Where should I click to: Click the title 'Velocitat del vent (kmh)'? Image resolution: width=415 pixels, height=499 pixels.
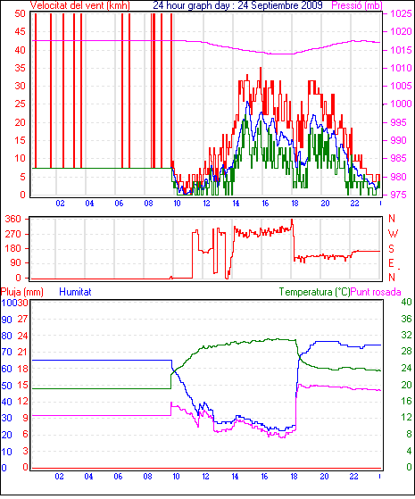(x=80, y=5)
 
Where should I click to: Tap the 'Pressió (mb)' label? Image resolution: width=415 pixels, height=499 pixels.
(x=357, y=5)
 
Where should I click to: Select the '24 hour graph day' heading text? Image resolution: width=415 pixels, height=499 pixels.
(x=191, y=5)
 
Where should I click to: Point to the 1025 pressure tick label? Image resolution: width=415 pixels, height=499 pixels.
(x=402, y=13)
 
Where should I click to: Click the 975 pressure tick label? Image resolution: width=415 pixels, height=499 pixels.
(x=399, y=195)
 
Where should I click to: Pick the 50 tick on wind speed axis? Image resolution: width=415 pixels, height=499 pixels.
(x=20, y=13)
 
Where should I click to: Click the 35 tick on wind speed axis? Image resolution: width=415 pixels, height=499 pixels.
(x=20, y=68)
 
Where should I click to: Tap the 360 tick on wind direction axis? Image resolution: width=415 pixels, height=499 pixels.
(x=13, y=219)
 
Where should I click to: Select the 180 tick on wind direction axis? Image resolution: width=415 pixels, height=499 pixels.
(x=13, y=248)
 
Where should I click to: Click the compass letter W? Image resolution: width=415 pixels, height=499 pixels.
(x=393, y=234)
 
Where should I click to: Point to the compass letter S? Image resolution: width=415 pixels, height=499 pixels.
(x=391, y=248)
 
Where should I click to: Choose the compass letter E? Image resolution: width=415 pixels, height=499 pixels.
(x=391, y=263)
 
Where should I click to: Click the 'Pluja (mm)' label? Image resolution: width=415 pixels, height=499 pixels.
(x=22, y=292)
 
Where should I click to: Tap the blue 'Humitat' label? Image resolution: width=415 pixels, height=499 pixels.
(x=76, y=292)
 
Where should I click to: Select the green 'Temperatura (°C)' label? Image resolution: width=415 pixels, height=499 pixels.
(x=314, y=292)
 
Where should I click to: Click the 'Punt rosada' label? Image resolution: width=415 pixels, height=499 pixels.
(x=376, y=292)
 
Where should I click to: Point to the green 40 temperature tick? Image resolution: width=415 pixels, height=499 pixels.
(x=406, y=302)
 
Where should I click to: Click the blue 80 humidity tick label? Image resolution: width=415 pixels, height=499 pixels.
(x=6, y=336)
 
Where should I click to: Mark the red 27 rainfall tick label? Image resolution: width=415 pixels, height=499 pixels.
(x=22, y=320)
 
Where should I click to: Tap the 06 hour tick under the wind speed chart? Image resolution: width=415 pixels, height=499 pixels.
(x=119, y=204)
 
